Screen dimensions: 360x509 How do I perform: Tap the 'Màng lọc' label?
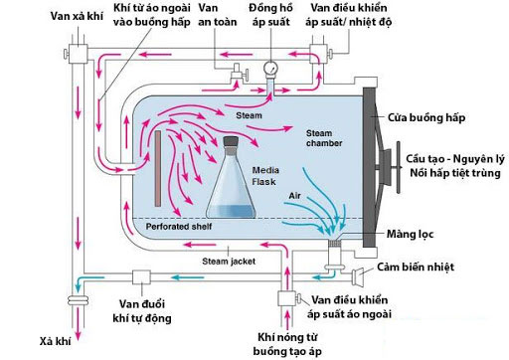click(416, 235)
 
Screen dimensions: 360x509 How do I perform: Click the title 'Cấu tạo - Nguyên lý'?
click(453, 159)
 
